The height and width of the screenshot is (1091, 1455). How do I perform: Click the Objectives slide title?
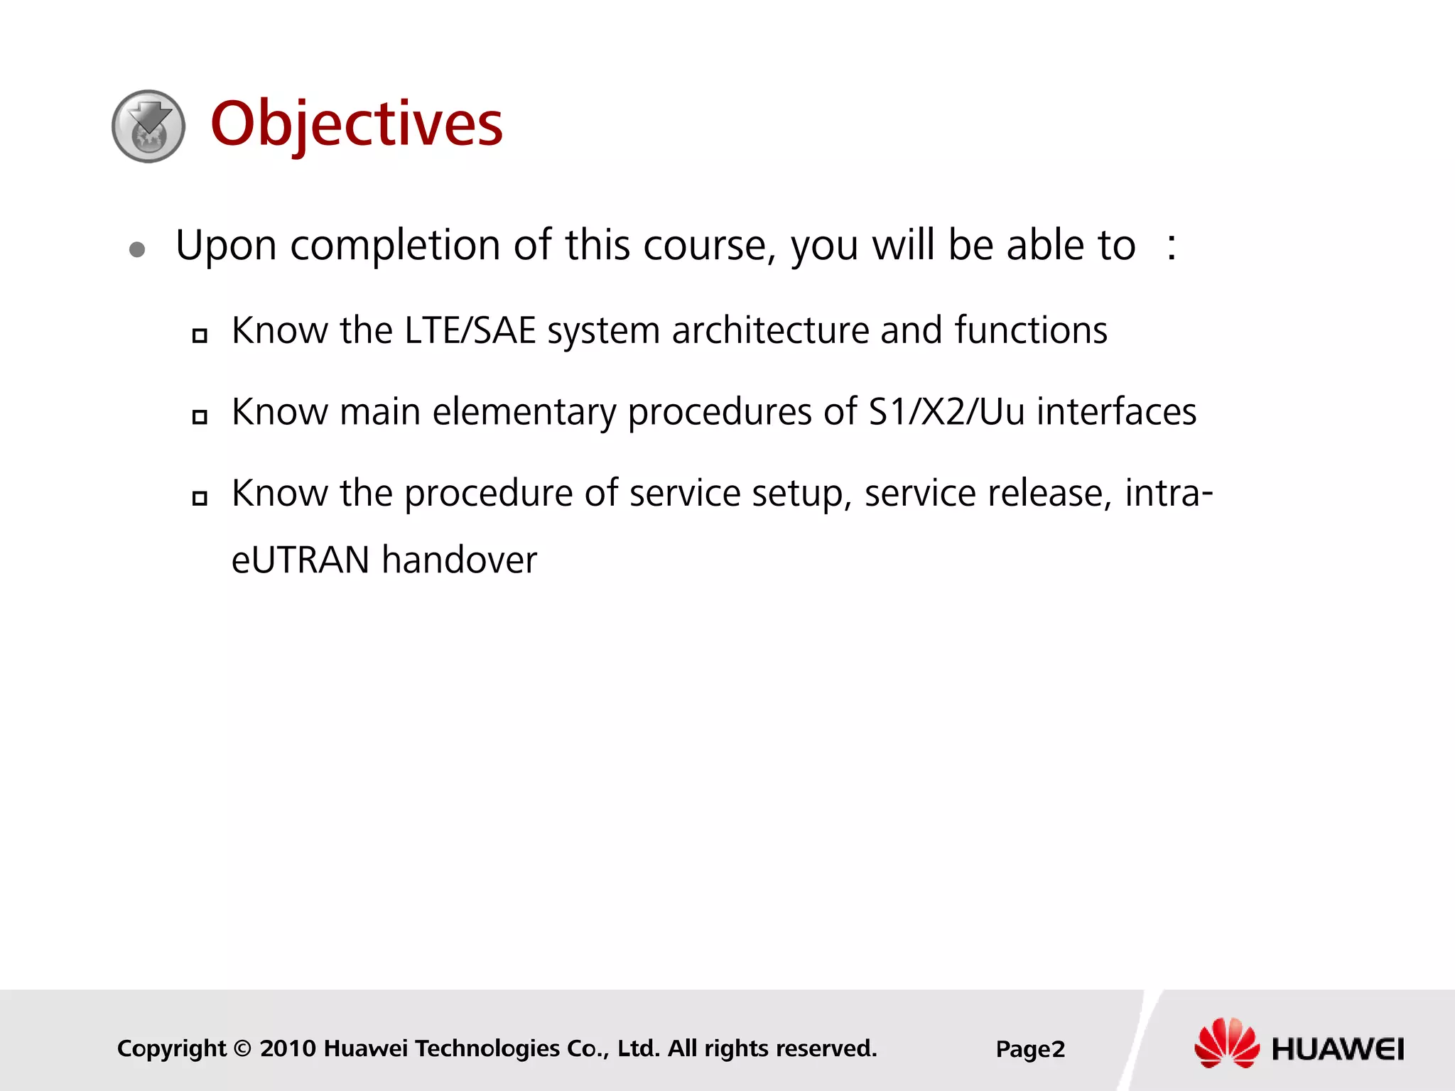pos(357,125)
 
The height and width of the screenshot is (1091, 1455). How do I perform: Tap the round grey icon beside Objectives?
pos(148,126)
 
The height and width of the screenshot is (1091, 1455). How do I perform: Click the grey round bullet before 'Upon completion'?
pos(137,249)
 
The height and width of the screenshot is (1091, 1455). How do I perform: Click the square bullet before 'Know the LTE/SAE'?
pos(200,335)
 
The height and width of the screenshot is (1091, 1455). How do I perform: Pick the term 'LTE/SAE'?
pos(470,331)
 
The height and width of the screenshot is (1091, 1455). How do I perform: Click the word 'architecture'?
pos(770,331)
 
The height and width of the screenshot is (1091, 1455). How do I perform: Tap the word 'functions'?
pos(1030,331)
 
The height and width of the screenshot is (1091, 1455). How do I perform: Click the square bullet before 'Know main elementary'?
pos(200,417)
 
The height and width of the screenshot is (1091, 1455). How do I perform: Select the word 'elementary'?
pos(524,413)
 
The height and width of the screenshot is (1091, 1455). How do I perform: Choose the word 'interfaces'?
pos(1116,412)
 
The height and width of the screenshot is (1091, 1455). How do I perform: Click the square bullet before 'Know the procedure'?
pos(200,498)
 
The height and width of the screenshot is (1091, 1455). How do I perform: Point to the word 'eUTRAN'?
pos(301,560)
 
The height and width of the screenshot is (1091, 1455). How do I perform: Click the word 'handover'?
pos(459,560)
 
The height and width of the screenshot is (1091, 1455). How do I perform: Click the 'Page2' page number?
pos(1030,1049)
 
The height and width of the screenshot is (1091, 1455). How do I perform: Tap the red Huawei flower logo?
pos(1226,1043)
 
